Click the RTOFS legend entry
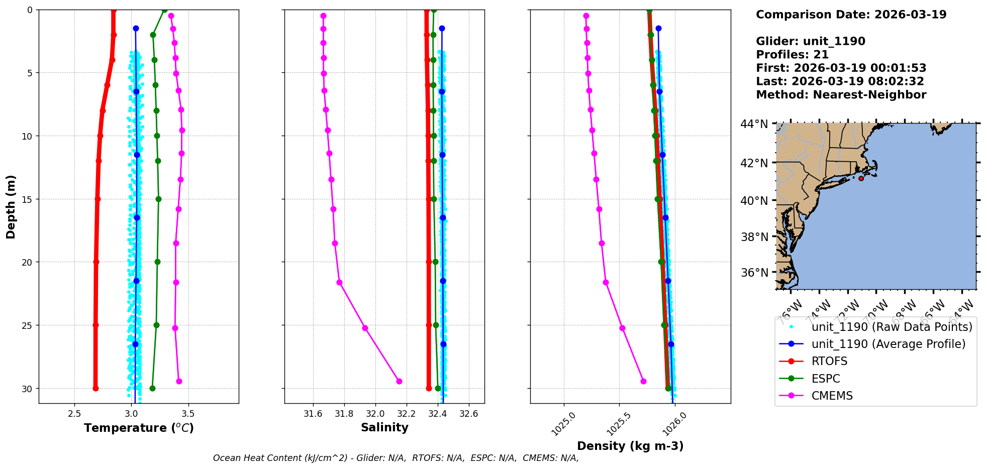click(x=829, y=362)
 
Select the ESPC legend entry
click(x=826, y=379)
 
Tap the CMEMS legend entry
click(x=832, y=396)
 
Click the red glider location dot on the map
click(x=861, y=178)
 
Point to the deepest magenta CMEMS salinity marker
click(x=399, y=381)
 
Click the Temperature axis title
click(x=139, y=428)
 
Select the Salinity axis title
click(x=384, y=427)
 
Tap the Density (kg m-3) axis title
click(x=630, y=446)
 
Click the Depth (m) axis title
click(x=11, y=206)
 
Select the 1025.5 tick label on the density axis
click(x=617, y=424)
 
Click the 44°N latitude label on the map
click(x=754, y=124)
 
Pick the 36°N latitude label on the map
click(x=754, y=273)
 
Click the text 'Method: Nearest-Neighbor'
click(x=841, y=95)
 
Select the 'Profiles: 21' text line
click(x=792, y=55)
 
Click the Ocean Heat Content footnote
click(x=396, y=458)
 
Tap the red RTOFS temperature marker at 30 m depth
click(x=95, y=388)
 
